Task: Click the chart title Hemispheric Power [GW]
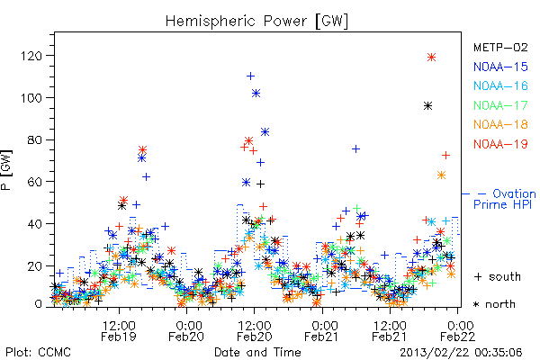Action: click(256, 21)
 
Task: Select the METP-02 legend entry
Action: click(500, 47)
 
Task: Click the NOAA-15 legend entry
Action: click(500, 67)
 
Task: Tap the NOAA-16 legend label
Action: click(500, 85)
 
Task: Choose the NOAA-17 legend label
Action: click(500, 105)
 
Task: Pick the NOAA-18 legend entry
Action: click(500, 124)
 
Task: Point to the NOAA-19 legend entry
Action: click(500, 144)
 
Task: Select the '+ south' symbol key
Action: click(498, 276)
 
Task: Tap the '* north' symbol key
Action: click(494, 304)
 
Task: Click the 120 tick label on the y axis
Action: click(31, 56)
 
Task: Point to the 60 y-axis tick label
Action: click(35, 182)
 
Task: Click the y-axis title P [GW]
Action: click(6, 170)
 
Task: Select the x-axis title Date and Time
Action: click(257, 353)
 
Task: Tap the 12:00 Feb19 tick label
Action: click(119, 330)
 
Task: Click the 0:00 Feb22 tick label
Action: click(458, 330)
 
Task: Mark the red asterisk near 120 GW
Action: click(431, 58)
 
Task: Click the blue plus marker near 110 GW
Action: click(250, 76)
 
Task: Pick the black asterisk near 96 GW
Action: click(427, 106)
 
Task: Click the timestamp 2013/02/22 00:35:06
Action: click(461, 353)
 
